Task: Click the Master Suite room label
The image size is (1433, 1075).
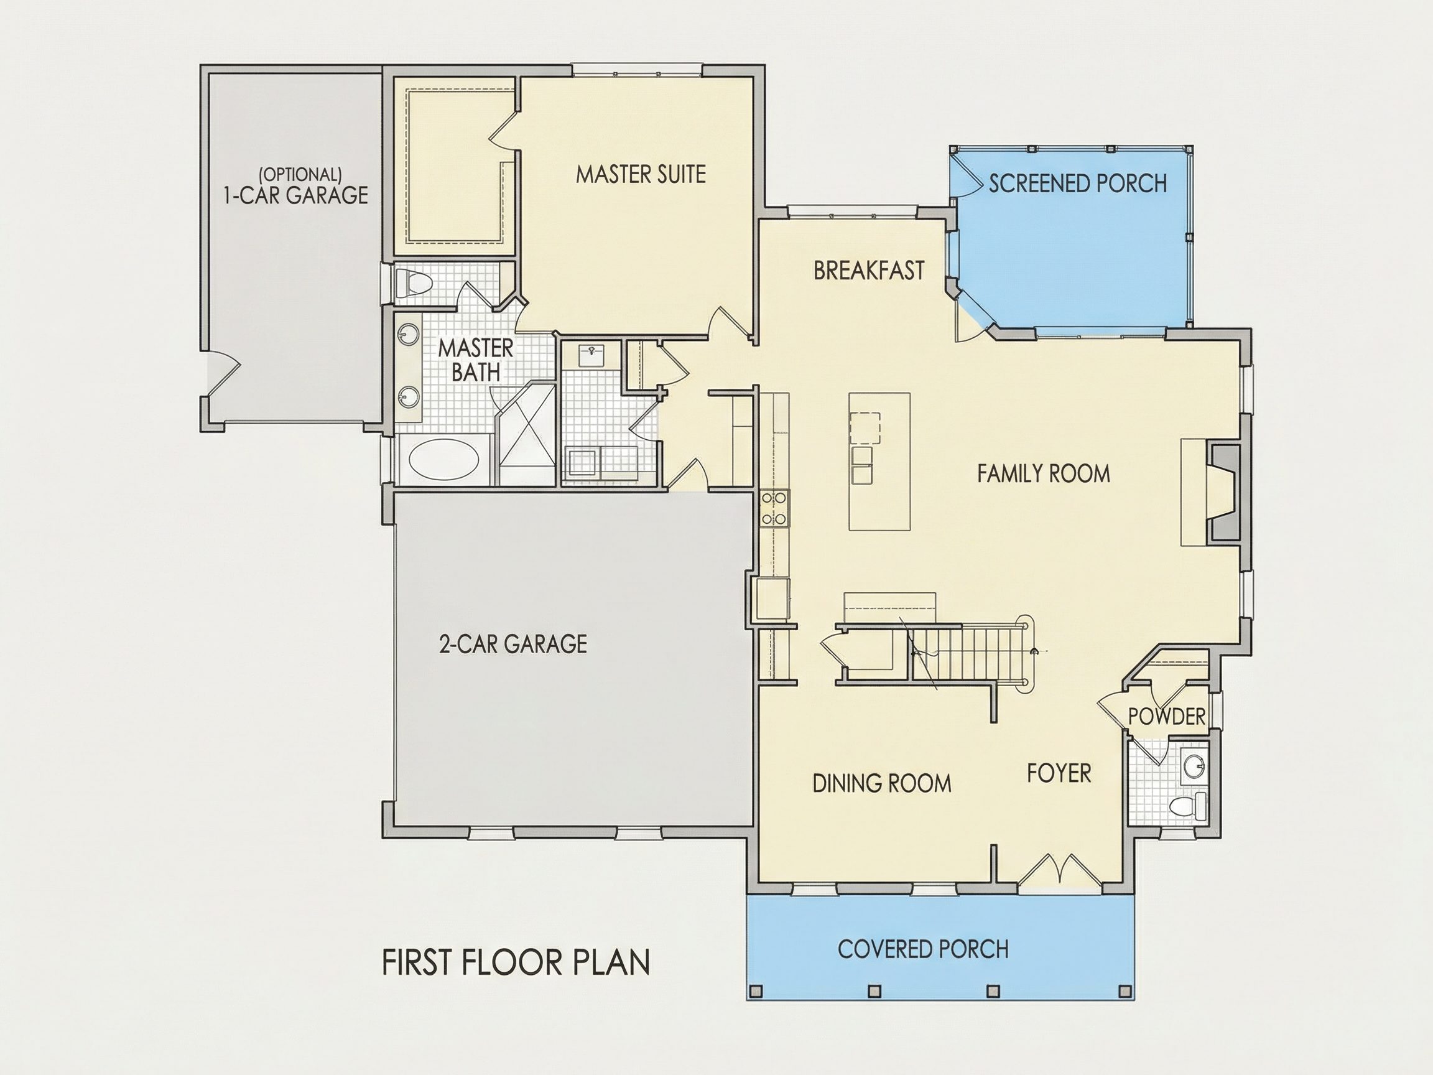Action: [x=641, y=174]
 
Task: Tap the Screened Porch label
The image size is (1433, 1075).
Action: [x=1077, y=184]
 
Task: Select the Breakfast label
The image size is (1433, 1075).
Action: [x=869, y=270]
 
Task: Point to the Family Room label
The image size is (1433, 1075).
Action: [x=1043, y=473]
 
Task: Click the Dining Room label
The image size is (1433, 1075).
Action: [x=882, y=783]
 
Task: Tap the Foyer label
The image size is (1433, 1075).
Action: [x=1059, y=773]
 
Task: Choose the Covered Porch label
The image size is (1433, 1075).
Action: [x=922, y=949]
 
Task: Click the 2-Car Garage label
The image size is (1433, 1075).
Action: [x=513, y=643]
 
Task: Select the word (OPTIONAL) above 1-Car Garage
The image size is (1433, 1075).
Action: [x=300, y=174]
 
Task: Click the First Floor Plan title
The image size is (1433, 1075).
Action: [x=516, y=962]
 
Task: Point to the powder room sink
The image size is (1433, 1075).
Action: [x=1194, y=766]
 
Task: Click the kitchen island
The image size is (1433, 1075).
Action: [x=879, y=462]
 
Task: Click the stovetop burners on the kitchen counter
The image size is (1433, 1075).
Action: [x=775, y=508]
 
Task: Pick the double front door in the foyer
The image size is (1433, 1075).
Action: [x=1059, y=870]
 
